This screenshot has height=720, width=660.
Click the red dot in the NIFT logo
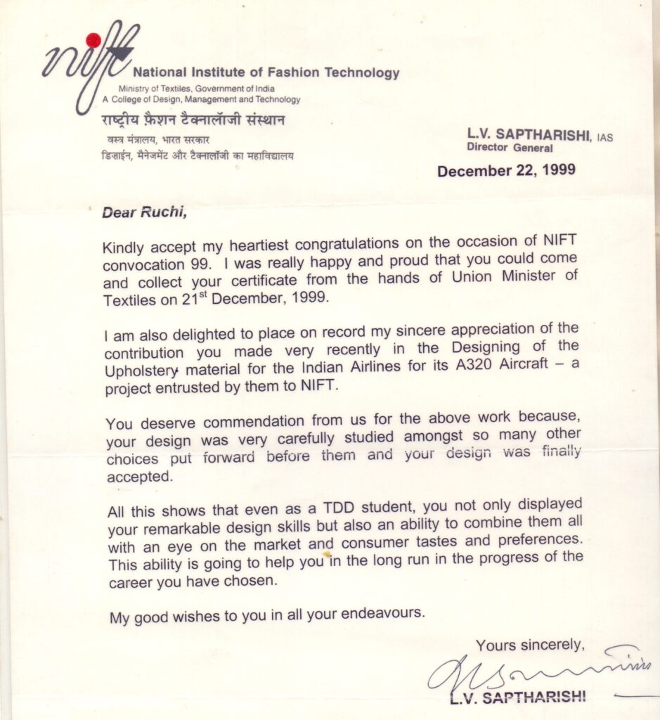(x=92, y=39)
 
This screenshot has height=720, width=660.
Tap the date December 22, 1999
(x=506, y=171)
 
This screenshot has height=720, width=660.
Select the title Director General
(x=510, y=148)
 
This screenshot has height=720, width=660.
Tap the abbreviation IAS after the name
(x=604, y=138)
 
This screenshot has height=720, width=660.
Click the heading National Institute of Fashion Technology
(x=266, y=72)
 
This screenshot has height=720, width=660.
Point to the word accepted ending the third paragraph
(x=138, y=476)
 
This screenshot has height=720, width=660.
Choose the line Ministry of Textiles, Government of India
(x=196, y=89)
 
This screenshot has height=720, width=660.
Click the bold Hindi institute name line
(x=193, y=120)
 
